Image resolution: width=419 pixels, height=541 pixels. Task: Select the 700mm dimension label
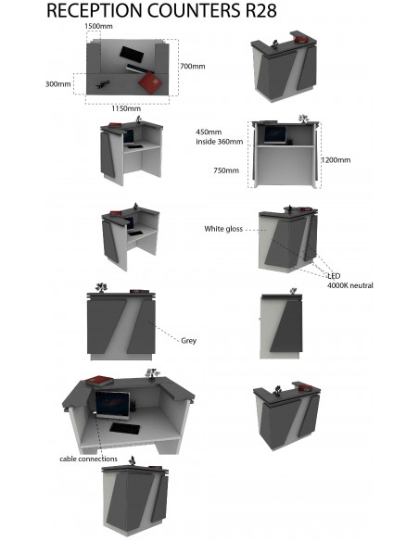coord(192,67)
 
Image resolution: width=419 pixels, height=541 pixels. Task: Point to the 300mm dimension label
coord(57,84)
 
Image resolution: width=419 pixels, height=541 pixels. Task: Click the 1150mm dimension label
coord(125,109)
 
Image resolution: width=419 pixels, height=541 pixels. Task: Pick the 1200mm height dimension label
coord(336,160)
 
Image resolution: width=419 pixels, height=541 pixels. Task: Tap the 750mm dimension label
coord(225,170)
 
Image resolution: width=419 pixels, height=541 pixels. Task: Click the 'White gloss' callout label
coord(222,228)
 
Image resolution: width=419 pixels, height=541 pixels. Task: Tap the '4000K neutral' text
coord(349,285)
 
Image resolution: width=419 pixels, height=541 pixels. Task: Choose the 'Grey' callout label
coord(188,340)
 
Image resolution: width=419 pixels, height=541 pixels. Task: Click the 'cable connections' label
coord(88,459)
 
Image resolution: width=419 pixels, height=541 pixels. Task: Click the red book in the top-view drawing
coord(150,83)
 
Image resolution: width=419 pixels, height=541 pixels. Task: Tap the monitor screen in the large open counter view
coord(112,405)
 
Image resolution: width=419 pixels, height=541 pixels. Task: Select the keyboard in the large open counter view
coord(123,428)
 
